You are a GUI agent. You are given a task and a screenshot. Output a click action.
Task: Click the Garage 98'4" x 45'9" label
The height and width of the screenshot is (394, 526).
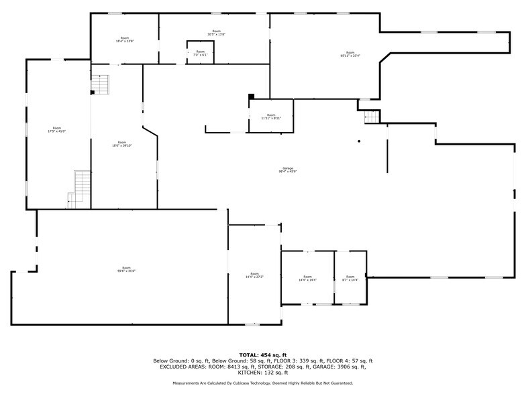pyautogui.click(x=287, y=170)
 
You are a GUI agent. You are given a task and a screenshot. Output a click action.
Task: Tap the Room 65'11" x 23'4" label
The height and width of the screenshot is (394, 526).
pyautogui.click(x=350, y=54)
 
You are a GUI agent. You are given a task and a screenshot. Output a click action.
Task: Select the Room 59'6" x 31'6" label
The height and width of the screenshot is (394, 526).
pyautogui.click(x=126, y=269)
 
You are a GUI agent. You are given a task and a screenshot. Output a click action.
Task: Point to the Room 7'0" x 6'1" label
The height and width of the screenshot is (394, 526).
pyautogui.click(x=200, y=53)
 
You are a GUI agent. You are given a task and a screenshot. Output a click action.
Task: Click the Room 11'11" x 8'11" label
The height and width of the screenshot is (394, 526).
pyautogui.click(x=271, y=117)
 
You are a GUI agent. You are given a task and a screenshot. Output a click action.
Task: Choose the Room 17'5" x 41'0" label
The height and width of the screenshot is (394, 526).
pyautogui.click(x=57, y=129)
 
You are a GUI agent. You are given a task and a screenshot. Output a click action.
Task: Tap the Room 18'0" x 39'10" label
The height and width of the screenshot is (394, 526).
pyautogui.click(x=121, y=143)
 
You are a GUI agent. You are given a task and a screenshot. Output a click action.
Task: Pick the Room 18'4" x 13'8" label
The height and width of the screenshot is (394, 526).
pyautogui.click(x=124, y=40)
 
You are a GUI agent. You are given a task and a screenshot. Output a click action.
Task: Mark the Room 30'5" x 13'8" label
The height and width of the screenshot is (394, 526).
pyautogui.click(x=216, y=33)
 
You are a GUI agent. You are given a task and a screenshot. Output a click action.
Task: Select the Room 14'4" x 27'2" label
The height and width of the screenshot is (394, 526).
pyautogui.click(x=254, y=275)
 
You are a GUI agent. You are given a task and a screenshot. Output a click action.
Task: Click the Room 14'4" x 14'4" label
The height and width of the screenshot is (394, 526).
pyautogui.click(x=307, y=278)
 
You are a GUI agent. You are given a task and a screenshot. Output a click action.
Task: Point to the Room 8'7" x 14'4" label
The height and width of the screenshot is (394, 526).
pyautogui.click(x=350, y=278)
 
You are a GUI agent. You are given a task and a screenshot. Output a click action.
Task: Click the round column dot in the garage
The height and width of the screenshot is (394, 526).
pyautogui.click(x=359, y=141)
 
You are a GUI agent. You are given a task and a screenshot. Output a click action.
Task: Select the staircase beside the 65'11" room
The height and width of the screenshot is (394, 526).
pyautogui.click(x=372, y=117)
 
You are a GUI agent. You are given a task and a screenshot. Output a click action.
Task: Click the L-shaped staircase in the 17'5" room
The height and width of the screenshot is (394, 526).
pyautogui.click(x=80, y=187)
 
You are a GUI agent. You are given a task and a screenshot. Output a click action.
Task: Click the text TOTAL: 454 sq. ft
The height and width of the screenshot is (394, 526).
pyautogui.click(x=263, y=354)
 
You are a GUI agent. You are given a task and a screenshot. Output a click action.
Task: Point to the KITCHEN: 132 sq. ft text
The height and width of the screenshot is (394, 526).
pyautogui.click(x=263, y=373)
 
